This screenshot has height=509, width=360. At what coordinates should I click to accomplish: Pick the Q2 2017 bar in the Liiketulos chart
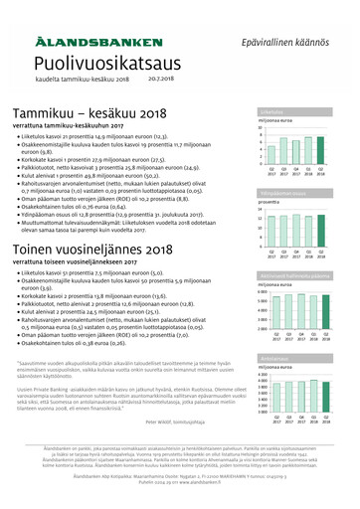(x=273, y=154)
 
